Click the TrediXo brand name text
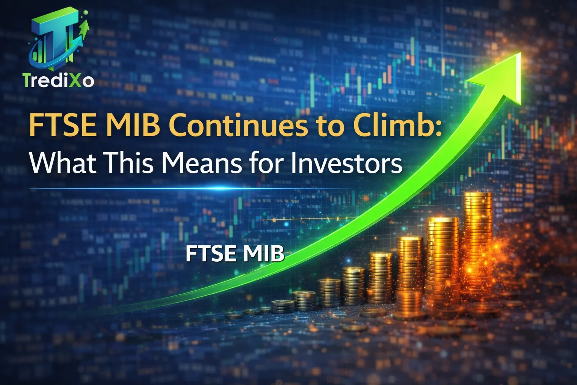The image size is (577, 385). click(58, 80)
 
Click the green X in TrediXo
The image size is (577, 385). click(76, 80)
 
